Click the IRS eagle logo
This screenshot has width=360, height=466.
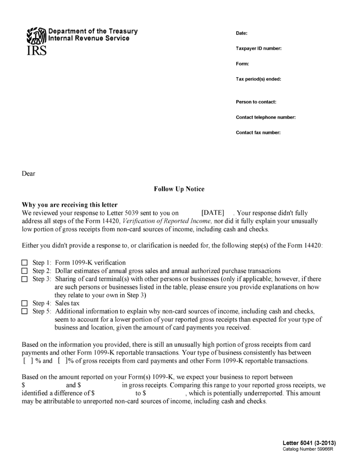coord(36,35)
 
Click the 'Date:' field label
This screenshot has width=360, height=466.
coord(241,33)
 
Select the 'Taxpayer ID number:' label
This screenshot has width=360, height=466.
coord(259,48)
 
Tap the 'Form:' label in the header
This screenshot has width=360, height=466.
coord(242,64)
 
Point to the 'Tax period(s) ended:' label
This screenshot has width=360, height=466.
coord(258,79)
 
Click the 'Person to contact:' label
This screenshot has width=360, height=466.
coord(256,102)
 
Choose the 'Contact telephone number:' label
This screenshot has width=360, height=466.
coord(266,117)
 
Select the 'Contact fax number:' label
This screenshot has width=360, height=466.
coord(258,132)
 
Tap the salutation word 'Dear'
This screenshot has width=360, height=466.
coord(29,173)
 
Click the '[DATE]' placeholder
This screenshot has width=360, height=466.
coord(213,213)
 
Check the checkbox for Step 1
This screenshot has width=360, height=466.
coord(25,263)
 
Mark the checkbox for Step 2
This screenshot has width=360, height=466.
coord(25,271)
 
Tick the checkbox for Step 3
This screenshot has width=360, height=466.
coord(25,279)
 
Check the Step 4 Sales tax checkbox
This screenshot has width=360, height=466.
coord(25,303)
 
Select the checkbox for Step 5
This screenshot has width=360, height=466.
coord(25,311)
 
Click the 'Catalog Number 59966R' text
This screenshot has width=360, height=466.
coord(308,449)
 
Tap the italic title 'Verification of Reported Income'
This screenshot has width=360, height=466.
coord(167,221)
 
